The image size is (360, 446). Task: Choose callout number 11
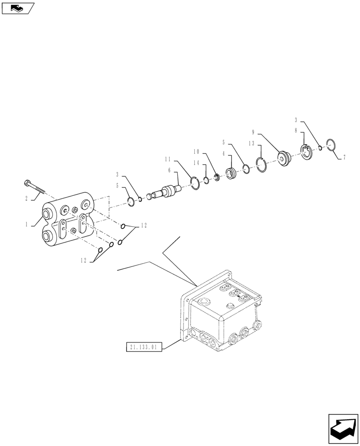168,159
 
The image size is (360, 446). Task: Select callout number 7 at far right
344,157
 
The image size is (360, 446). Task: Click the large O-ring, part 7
330,145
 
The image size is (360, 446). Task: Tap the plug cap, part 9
283,158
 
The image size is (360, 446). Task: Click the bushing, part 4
231,173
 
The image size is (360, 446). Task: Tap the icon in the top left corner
17,8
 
